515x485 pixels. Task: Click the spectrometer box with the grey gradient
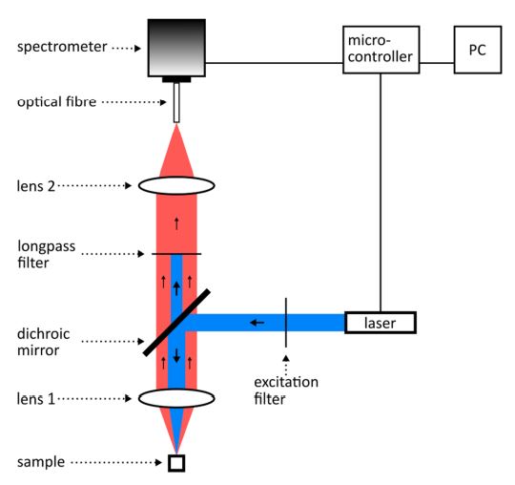pyautogui.click(x=176, y=48)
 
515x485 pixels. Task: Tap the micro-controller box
pyautogui.click(x=381, y=50)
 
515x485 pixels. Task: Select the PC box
pyautogui.click(x=478, y=50)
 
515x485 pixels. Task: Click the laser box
pyautogui.click(x=381, y=323)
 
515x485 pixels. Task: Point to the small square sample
pyautogui.click(x=176, y=463)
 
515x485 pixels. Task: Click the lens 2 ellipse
pyautogui.click(x=176, y=185)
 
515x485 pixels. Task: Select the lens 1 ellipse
pyautogui.click(x=176, y=398)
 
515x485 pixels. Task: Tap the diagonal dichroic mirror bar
pyautogui.click(x=176, y=323)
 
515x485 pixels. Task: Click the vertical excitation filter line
pyautogui.click(x=286, y=323)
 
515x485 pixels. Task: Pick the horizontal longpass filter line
pyautogui.click(x=176, y=254)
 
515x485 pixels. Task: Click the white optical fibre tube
pyautogui.click(x=176, y=102)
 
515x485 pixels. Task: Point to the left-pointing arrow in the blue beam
pyautogui.click(x=257, y=323)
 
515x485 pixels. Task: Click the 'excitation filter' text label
pyautogui.click(x=286, y=390)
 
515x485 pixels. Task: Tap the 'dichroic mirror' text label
pyautogui.click(x=43, y=342)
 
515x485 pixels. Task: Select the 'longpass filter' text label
pyautogui.click(x=47, y=254)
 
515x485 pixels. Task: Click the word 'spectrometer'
pyautogui.click(x=62, y=47)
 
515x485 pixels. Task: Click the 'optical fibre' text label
pyautogui.click(x=56, y=101)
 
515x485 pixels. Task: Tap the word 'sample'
pyautogui.click(x=41, y=462)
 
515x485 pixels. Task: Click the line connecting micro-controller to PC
pyautogui.click(x=437, y=63)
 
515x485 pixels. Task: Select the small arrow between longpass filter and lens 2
pyautogui.click(x=176, y=223)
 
